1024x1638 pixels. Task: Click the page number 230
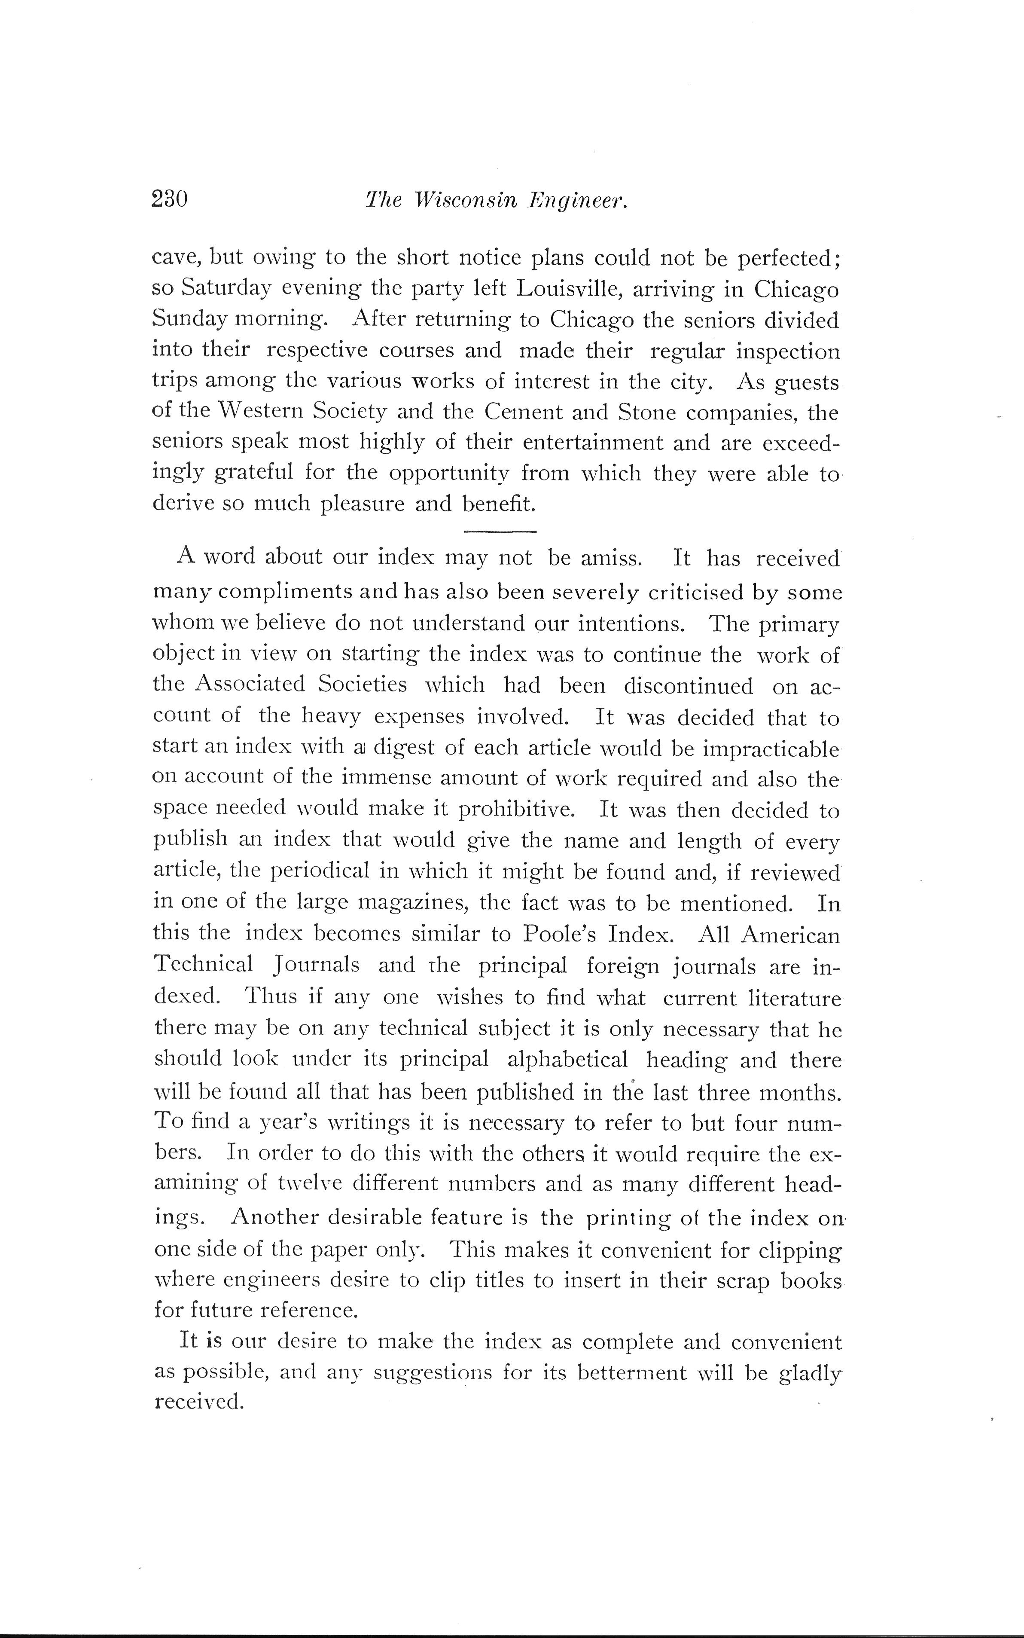pyautogui.click(x=169, y=200)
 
